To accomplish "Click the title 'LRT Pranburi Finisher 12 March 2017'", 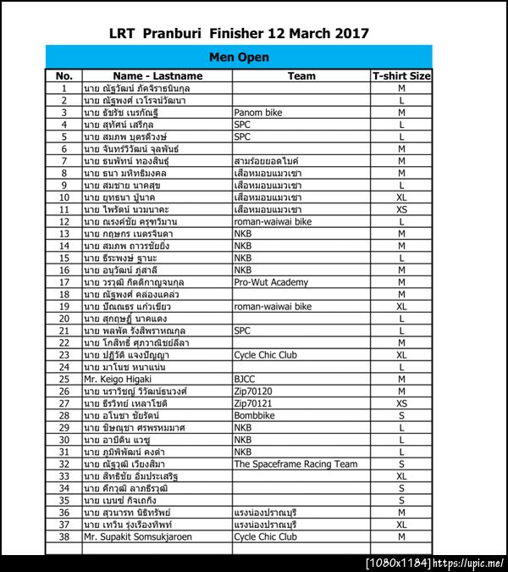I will [x=239, y=34].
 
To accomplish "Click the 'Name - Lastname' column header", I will [x=157, y=76].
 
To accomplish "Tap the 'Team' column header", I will [x=301, y=76].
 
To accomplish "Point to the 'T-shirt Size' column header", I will [x=401, y=76].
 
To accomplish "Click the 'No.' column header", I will [x=63, y=76].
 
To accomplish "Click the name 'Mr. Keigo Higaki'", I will [x=118, y=380].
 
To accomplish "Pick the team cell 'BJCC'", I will [x=246, y=380].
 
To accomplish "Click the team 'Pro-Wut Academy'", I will [x=272, y=282].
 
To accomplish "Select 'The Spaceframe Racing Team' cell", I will [x=295, y=464].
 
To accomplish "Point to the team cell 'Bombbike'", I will [x=256, y=416].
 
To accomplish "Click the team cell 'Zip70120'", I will [x=253, y=392].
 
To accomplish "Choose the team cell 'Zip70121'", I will [x=253, y=404].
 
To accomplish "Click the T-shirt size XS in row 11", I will [x=401, y=209].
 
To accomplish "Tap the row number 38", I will [x=63, y=537].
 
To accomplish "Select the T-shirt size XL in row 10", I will [x=401, y=197].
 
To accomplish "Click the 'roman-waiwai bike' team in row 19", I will [x=273, y=307].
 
